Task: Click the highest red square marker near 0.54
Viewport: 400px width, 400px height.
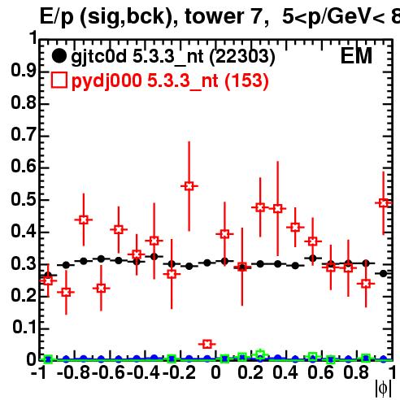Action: click(189, 186)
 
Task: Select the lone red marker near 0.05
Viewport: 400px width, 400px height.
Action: click(207, 344)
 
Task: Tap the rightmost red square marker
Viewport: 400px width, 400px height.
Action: click(384, 202)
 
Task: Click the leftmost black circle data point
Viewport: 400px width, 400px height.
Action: click(48, 276)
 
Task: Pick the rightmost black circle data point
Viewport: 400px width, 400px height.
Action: click(383, 274)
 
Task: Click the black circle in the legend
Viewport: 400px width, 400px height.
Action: click(59, 56)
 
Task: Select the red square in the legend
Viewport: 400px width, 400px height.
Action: click(59, 80)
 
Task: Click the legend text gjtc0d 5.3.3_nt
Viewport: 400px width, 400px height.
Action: click(137, 57)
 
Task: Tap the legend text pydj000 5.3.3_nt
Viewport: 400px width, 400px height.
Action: click(145, 80)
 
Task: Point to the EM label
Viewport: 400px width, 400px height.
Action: click(356, 56)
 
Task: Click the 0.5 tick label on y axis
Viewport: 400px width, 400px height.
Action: click(24, 199)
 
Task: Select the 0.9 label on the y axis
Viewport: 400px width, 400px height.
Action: click(24, 71)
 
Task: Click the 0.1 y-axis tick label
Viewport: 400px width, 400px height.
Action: click(24, 328)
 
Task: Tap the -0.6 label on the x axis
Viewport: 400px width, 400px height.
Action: click(108, 372)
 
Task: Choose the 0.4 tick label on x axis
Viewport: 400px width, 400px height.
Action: click(285, 372)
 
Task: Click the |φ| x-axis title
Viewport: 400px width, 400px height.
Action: click(383, 389)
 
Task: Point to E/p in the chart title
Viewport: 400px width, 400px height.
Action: click(57, 17)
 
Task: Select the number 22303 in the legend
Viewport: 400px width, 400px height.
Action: click(242, 56)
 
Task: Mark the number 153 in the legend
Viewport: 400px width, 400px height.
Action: click(246, 80)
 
